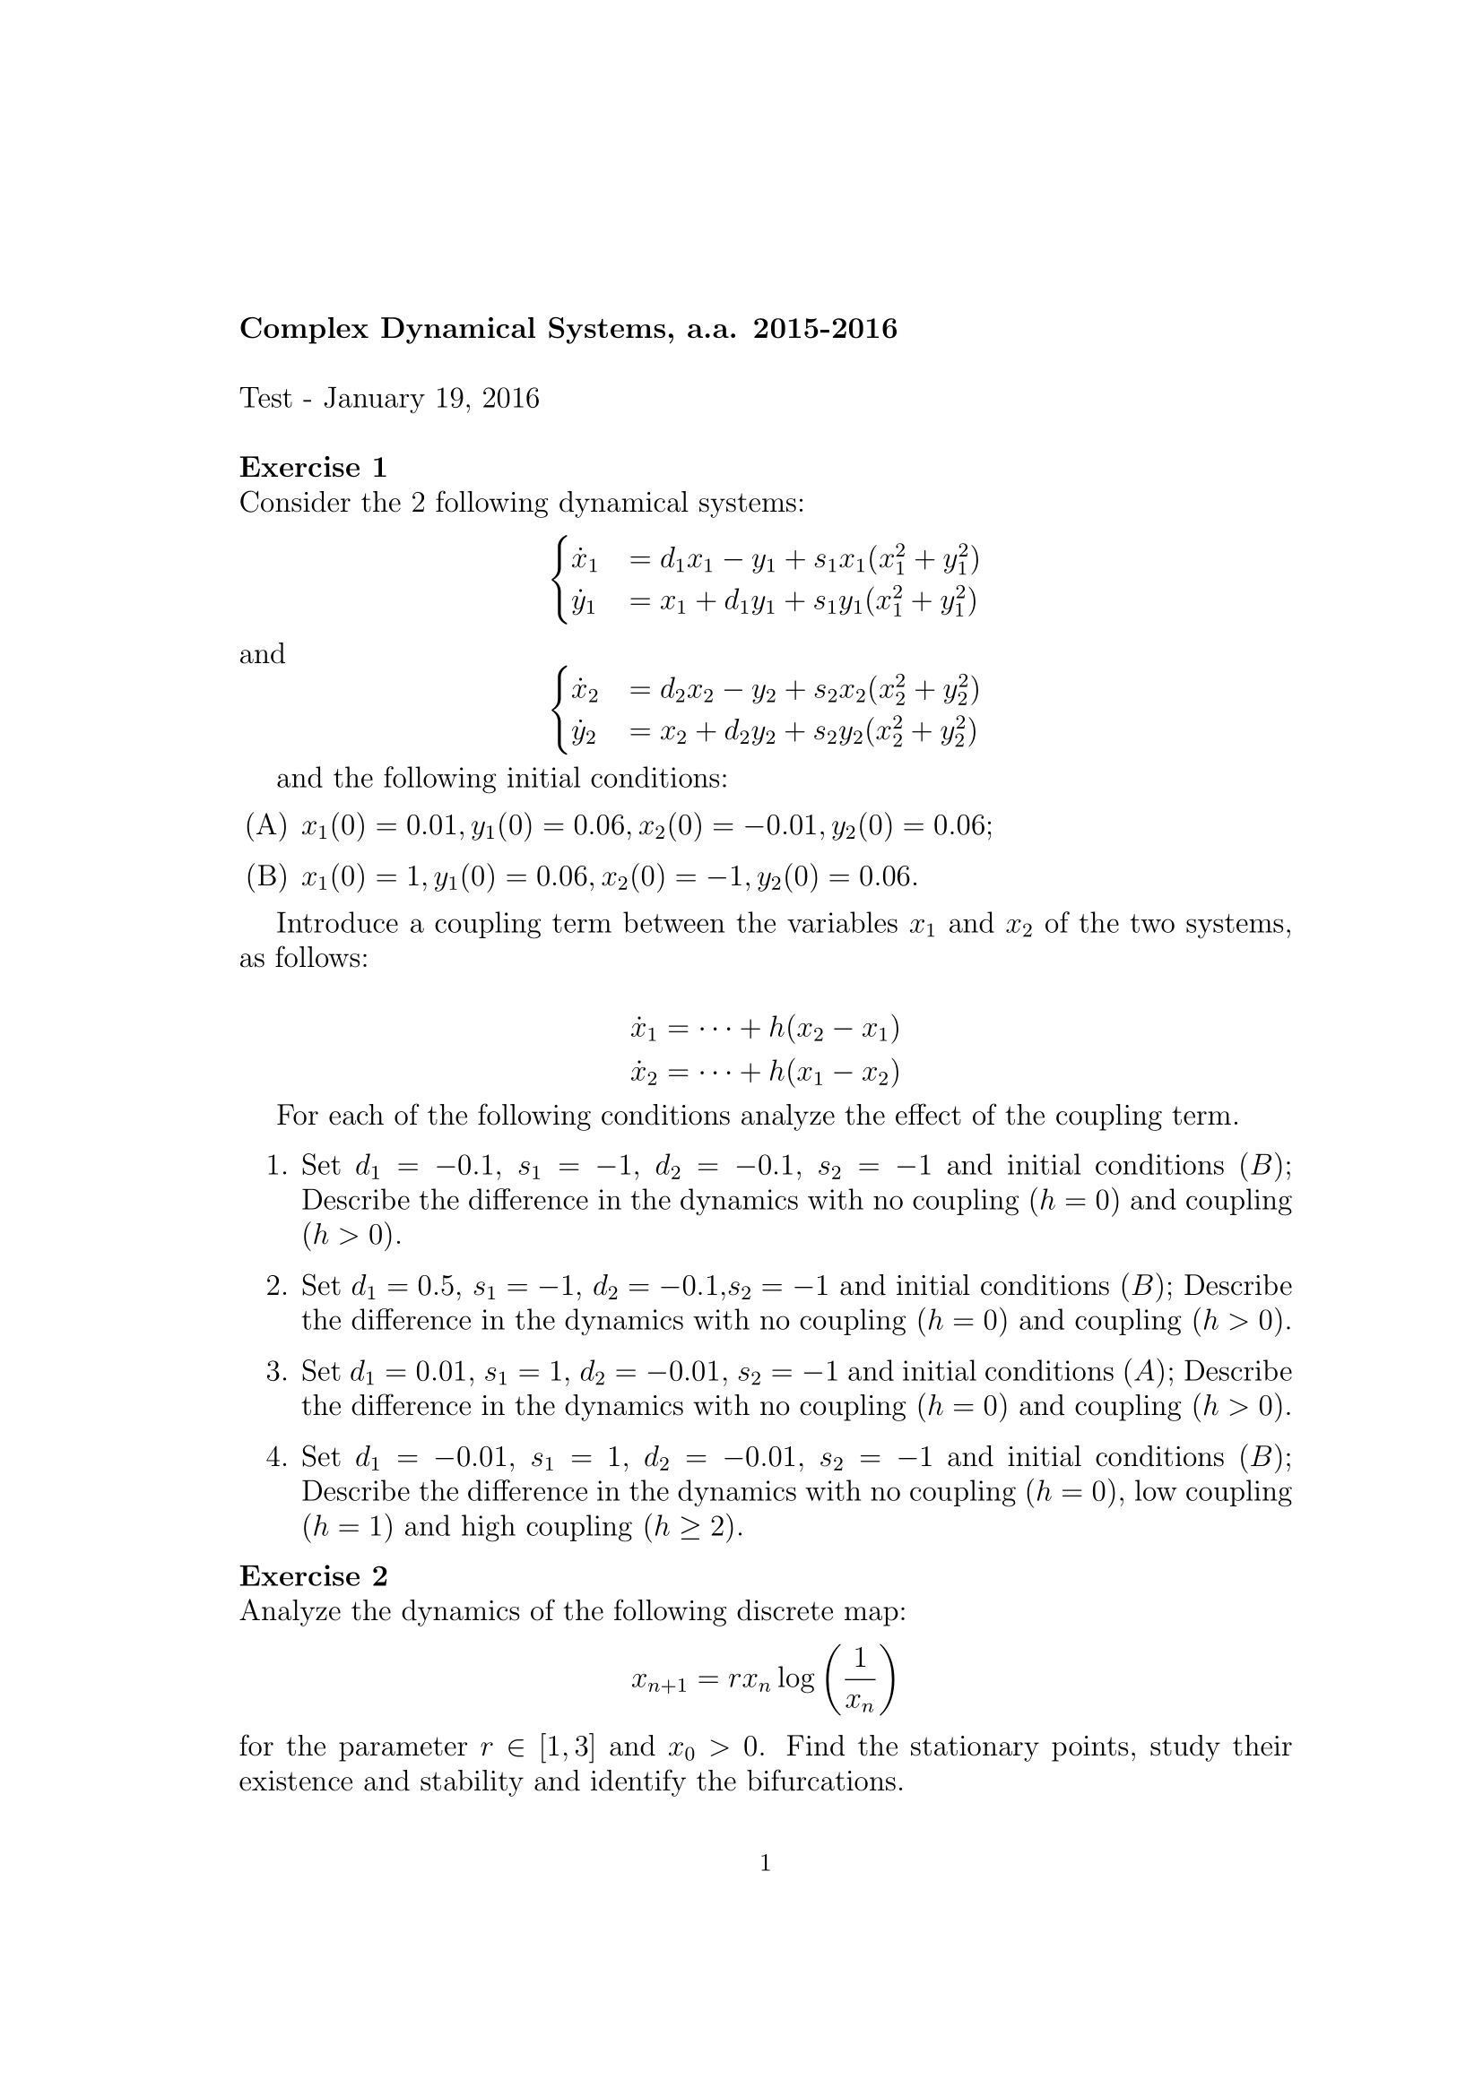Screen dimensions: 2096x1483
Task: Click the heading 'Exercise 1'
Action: click(312, 468)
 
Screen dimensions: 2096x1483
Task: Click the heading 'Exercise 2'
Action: click(312, 1576)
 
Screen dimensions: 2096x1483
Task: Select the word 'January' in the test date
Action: click(374, 399)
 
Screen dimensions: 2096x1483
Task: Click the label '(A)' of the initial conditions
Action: click(265, 826)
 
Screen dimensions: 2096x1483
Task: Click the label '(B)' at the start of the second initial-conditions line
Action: click(265, 877)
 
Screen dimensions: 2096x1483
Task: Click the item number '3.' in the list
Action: click(277, 1372)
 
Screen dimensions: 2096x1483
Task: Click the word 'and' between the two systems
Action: click(262, 653)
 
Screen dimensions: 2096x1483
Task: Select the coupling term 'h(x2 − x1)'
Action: click(833, 1030)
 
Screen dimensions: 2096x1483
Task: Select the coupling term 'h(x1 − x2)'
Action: click(833, 1072)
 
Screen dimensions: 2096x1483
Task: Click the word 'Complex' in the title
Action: click(303, 329)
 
